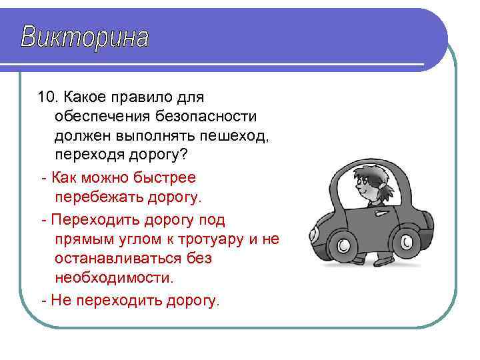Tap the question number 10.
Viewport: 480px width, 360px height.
[x=48, y=97]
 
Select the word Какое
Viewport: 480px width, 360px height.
[x=85, y=97]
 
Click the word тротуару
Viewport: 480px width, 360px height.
[x=206, y=239]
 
